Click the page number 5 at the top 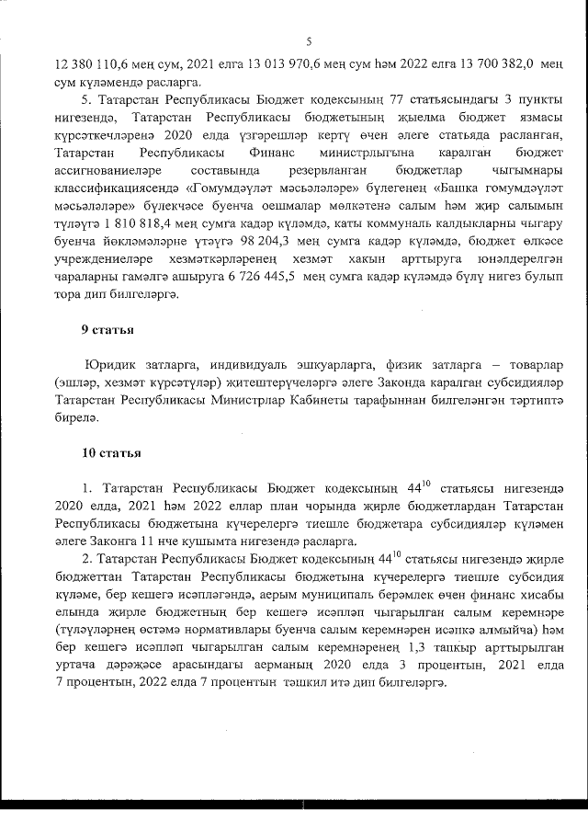tap(310, 41)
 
